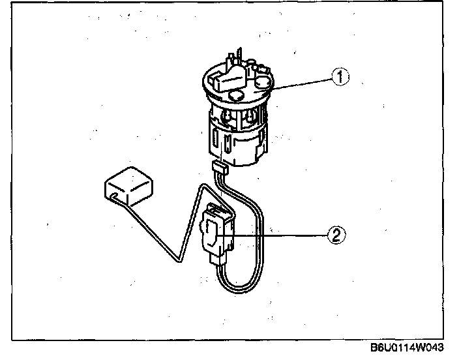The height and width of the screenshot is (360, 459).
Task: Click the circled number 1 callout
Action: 340,76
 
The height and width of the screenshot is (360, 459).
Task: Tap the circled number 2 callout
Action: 336,235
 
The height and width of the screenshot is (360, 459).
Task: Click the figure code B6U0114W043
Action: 407,348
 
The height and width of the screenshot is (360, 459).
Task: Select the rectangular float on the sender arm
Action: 128,186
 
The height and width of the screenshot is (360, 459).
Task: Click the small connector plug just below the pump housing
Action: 219,168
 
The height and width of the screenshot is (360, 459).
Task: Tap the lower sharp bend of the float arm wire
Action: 179,261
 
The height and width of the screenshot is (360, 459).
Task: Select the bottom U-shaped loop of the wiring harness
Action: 239,289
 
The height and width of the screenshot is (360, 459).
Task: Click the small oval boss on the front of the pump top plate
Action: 236,95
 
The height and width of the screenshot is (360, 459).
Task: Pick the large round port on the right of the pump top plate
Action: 263,82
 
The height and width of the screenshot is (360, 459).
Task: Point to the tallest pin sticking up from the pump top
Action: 240,55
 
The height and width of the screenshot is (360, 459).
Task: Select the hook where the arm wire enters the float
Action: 113,196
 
